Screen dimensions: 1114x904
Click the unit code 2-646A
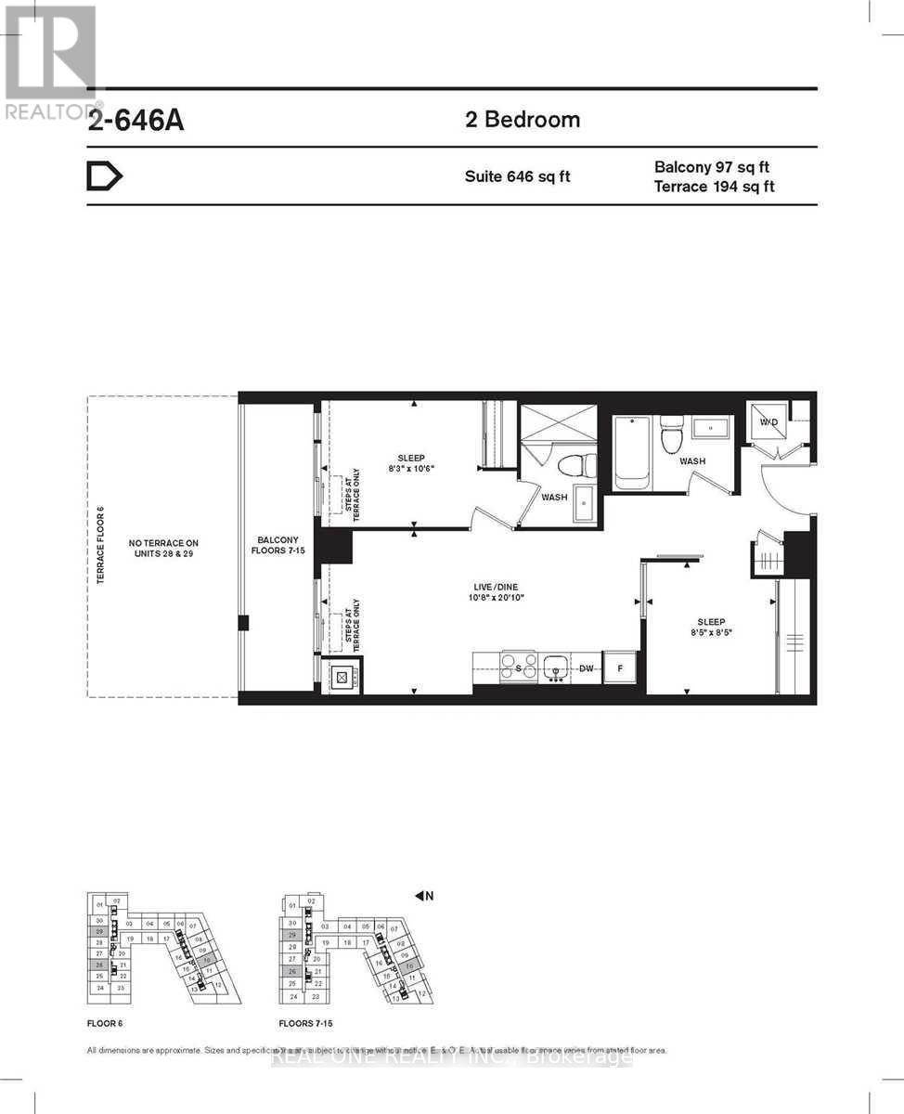point(136,122)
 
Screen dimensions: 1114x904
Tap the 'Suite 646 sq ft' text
point(517,175)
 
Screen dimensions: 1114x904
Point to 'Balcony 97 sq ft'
point(712,167)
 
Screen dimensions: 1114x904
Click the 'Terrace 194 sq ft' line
point(715,187)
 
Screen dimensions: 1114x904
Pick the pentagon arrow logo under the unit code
point(104,176)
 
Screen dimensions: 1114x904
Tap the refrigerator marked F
point(618,667)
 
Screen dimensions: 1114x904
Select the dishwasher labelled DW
point(587,667)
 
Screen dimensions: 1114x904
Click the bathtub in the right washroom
point(632,452)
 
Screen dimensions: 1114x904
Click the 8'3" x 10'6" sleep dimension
point(410,469)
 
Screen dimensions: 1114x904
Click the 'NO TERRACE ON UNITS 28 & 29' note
point(165,548)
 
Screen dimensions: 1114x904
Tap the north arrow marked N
point(424,895)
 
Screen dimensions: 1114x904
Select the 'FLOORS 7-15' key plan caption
point(305,1023)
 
